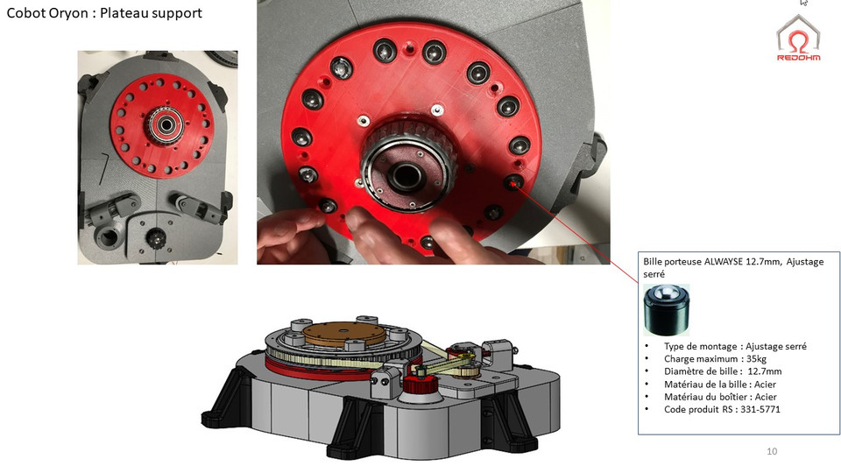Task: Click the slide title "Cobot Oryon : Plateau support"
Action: click(104, 13)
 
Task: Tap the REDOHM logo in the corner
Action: click(800, 39)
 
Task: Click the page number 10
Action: click(771, 451)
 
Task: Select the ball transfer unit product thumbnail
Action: click(666, 309)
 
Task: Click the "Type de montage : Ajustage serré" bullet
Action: click(735, 346)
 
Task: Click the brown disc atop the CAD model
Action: click(337, 333)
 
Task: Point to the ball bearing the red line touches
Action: click(513, 182)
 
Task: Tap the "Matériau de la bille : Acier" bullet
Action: click(720, 384)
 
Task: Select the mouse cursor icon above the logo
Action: click(802, 4)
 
